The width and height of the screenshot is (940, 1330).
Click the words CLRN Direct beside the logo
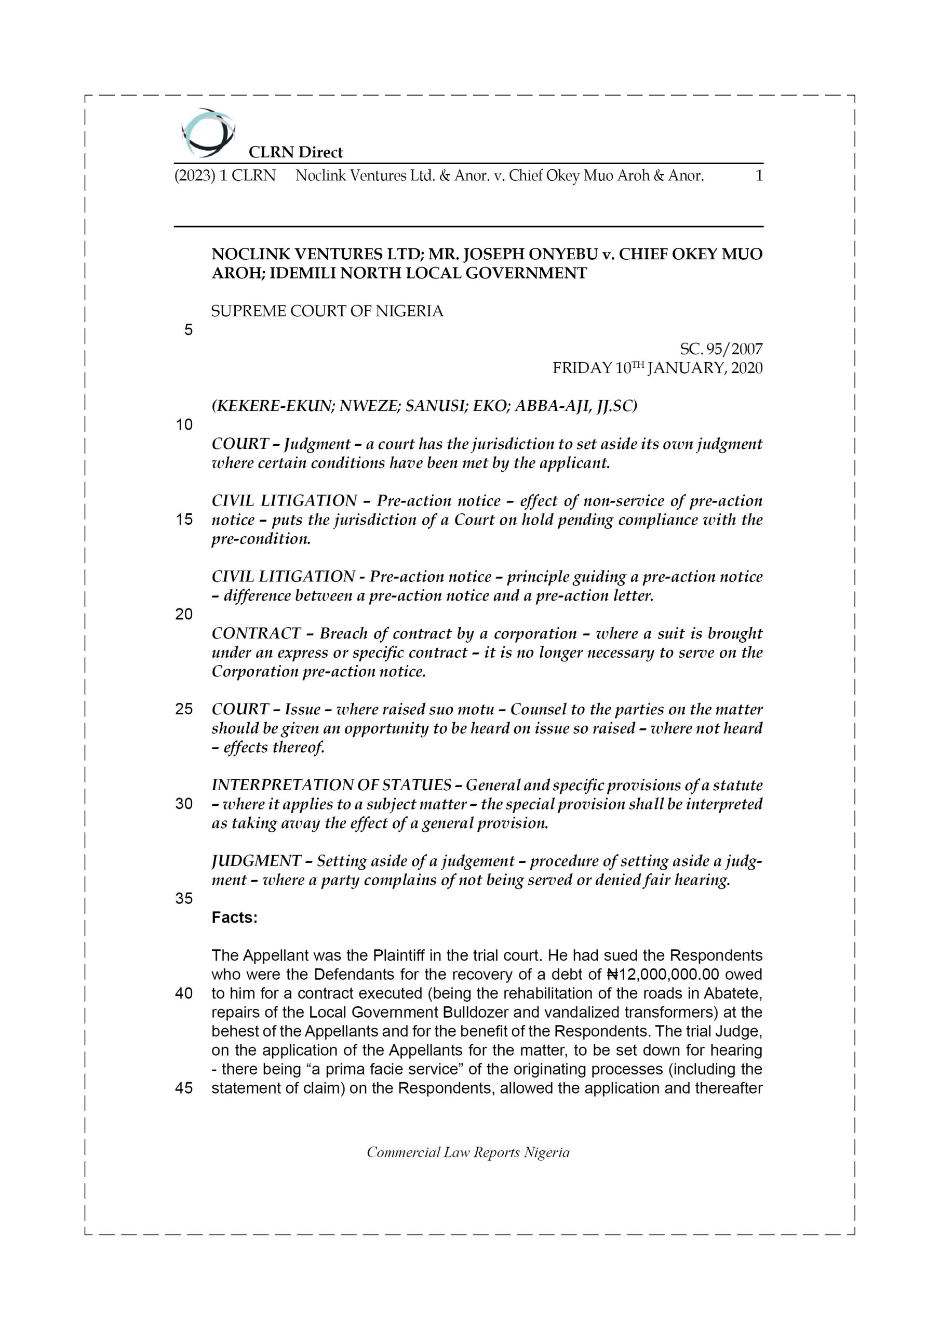point(296,152)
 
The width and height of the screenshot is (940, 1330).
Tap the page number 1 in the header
point(759,176)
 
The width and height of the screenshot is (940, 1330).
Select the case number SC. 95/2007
point(720,349)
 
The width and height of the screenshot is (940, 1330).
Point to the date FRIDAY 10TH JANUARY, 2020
point(657,368)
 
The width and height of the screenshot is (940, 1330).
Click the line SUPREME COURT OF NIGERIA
point(327,312)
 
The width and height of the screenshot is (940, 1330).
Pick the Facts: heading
point(234,917)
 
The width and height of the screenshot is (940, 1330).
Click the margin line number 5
point(188,330)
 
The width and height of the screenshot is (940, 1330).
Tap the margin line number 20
point(184,614)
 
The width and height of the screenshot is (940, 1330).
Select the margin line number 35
point(184,898)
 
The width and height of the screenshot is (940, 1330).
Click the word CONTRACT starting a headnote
point(256,634)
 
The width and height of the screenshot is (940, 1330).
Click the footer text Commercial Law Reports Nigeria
point(468,1152)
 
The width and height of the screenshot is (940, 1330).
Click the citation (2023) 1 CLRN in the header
point(225,176)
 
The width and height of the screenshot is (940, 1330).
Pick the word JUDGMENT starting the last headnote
point(256,861)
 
